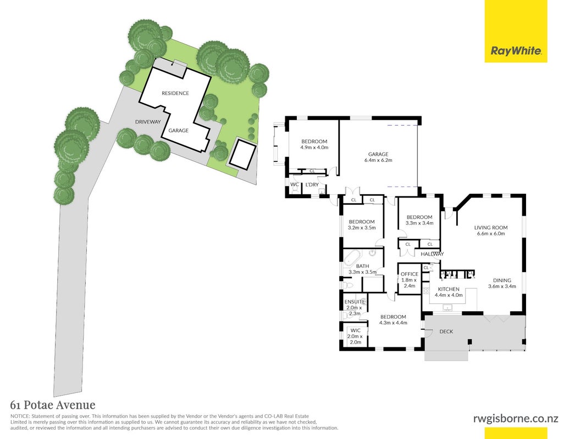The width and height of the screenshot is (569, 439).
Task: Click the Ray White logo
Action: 516,31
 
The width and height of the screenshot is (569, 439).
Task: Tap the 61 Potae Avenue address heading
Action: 53,404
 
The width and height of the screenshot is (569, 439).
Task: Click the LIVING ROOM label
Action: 490,228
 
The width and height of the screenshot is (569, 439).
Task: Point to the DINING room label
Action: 502,280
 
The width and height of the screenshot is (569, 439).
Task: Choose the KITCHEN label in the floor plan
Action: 449,289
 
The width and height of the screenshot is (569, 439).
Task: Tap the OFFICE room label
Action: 410,274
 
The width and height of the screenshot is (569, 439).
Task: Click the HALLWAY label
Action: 432,254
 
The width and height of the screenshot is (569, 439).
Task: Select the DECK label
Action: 446,331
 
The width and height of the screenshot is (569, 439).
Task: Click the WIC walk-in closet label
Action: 356,330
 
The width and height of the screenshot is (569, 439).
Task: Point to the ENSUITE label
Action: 355,302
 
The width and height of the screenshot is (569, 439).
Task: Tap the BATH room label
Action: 362,266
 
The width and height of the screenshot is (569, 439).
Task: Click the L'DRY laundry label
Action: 312,185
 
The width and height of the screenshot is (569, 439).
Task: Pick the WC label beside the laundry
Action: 295,184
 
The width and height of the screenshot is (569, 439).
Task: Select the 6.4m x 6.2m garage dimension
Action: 378,160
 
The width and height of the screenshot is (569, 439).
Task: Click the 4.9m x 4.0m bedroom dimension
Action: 314,148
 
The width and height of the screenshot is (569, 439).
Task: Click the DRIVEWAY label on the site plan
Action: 148,122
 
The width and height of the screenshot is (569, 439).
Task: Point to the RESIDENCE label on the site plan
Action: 175,93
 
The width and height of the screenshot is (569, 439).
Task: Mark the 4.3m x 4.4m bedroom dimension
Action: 393,323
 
